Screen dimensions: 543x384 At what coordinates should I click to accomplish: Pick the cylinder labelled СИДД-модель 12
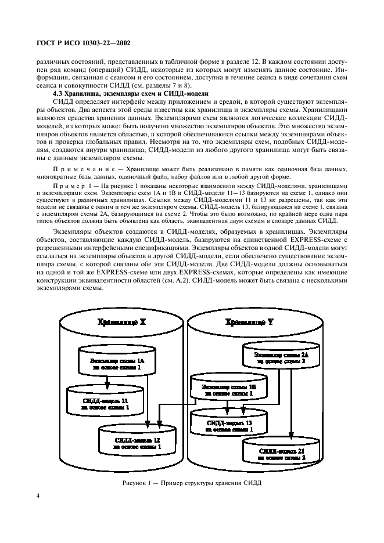coord(137,443)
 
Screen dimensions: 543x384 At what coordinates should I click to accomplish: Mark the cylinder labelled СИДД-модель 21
coord(281,453)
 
